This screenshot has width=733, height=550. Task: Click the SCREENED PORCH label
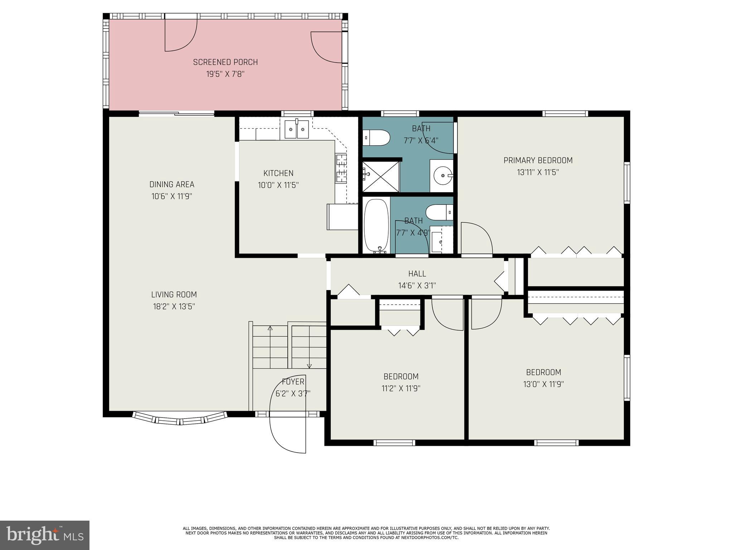coord(225,62)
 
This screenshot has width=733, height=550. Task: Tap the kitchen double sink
coord(297,129)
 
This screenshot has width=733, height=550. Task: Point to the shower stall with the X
coord(380,177)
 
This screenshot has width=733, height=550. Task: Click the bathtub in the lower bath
coord(376,226)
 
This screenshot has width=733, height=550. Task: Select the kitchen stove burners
coord(341,168)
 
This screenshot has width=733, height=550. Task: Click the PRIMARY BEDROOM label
coord(538,160)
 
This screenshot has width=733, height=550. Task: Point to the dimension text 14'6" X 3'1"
coord(417,286)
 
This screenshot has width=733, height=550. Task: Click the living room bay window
coord(180,419)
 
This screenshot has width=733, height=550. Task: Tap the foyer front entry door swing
coord(287,433)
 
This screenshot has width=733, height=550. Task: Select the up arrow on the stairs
coord(270,328)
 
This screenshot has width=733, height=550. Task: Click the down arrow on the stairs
coord(309,366)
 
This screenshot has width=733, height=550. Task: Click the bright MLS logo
coord(44,535)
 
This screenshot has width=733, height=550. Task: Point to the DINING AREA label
coord(172,184)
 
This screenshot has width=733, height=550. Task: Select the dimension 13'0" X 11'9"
coord(543,384)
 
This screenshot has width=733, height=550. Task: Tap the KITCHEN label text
coord(278,173)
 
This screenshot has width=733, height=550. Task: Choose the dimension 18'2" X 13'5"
coord(174,307)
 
